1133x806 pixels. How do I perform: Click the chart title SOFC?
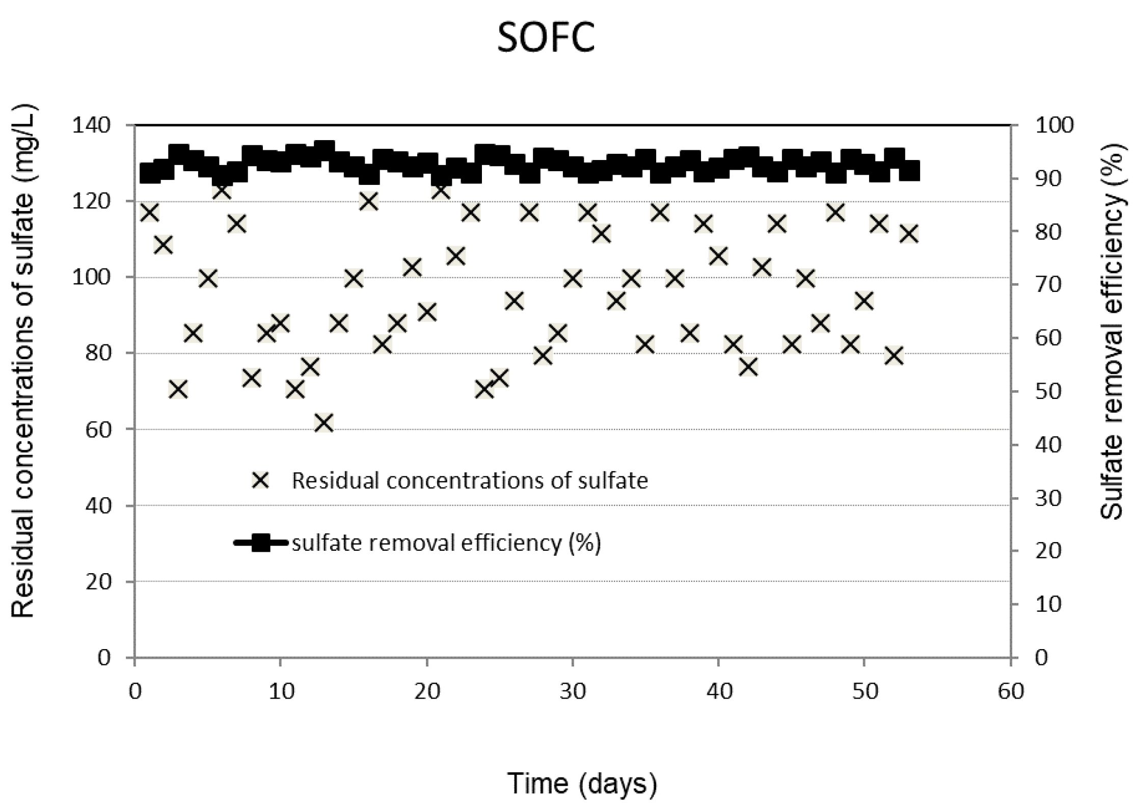coord(546,38)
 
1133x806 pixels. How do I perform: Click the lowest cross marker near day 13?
coord(324,423)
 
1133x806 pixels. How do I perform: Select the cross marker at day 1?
coord(149,212)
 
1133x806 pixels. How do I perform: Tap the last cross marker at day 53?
coord(908,234)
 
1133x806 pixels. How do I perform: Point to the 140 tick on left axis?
coord(98,126)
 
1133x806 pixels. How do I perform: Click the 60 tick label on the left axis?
coord(98,430)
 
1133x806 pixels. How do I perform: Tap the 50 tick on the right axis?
coord(1048,392)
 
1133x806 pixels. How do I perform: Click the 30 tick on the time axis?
coord(573,692)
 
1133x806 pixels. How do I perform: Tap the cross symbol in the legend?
coord(261,480)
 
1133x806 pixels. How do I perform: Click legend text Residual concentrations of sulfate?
coord(469,480)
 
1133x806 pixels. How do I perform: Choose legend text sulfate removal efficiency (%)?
coord(446,543)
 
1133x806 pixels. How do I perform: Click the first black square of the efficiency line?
coord(149,173)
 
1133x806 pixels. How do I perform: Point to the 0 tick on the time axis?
coord(135,692)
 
